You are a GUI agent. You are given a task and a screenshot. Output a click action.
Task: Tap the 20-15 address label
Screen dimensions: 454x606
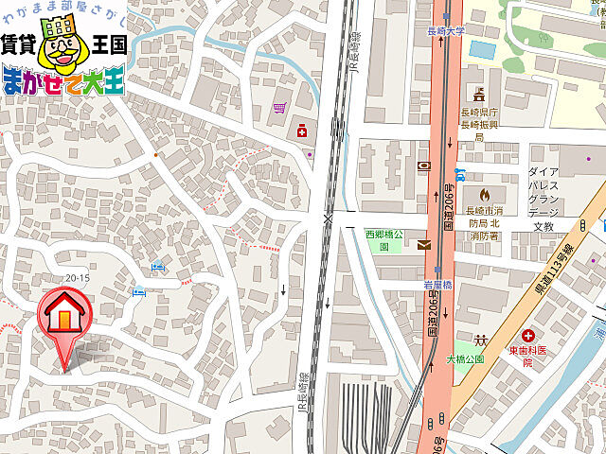click(x=78, y=277)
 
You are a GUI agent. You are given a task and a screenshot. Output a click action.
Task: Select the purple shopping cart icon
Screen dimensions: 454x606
click(x=279, y=109)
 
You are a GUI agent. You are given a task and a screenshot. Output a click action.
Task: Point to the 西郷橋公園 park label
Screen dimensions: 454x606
click(x=384, y=239)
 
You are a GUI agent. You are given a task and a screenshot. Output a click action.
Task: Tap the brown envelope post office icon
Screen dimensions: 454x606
click(x=423, y=245)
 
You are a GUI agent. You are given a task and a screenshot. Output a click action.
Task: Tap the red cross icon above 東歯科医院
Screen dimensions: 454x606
click(x=527, y=336)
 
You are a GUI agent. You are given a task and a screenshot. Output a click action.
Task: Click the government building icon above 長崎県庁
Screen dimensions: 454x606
click(x=479, y=95)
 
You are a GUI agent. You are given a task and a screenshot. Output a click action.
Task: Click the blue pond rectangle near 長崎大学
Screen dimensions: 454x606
click(x=483, y=49)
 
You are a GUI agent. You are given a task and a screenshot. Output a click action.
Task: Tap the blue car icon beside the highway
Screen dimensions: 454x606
click(x=459, y=174)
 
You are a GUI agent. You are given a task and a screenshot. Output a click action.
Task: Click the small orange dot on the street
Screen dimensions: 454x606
click(x=155, y=153)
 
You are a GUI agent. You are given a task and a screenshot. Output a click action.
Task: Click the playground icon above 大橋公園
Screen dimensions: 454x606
click(x=481, y=340)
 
